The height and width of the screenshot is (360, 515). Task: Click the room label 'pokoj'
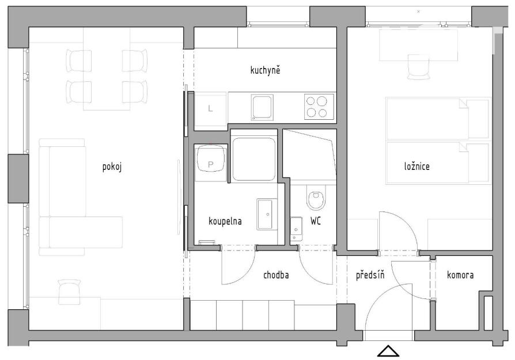[112, 167]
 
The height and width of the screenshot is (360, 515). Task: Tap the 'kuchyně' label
[265, 70]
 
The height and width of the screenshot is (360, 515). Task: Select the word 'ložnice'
[417, 166]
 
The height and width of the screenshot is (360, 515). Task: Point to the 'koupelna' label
[225, 221]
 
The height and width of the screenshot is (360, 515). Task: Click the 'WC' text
[315, 221]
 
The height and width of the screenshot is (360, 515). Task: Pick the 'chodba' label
[276, 275]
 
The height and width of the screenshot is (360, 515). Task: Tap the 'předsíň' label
[370, 274]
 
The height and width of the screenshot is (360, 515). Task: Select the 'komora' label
[460, 275]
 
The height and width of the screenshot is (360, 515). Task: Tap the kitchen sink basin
[262, 107]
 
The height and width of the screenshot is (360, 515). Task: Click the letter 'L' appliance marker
[210, 108]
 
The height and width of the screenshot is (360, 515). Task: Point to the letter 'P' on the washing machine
[210, 165]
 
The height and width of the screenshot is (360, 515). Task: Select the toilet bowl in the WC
[316, 197]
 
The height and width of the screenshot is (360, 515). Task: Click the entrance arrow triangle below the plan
[388, 351]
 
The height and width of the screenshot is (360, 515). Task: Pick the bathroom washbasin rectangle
[267, 214]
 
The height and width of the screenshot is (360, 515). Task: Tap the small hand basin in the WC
[297, 229]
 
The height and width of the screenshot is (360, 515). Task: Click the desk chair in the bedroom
[418, 67]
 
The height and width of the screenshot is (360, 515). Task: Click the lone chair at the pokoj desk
[69, 291]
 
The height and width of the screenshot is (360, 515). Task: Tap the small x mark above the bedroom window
[418, 12]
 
